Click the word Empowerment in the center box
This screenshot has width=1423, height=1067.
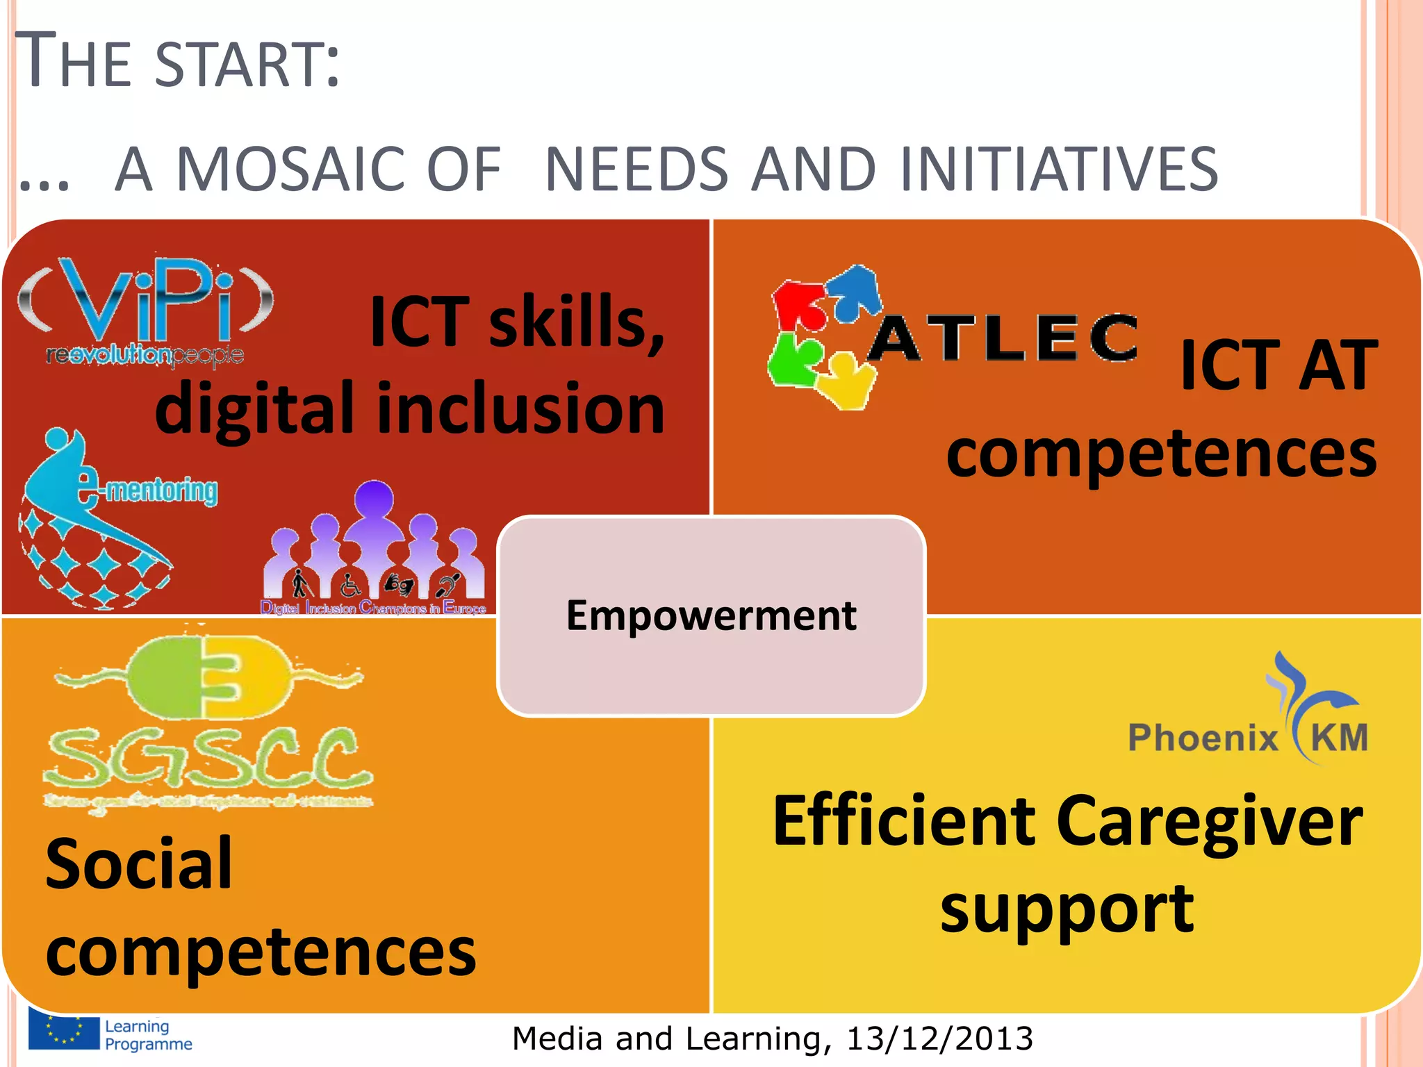[711, 615]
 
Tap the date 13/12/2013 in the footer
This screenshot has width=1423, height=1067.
[939, 1039]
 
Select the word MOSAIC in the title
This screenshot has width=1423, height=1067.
[338, 170]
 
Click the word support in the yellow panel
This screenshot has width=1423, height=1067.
[1067, 910]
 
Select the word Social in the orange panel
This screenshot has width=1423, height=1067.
[139, 865]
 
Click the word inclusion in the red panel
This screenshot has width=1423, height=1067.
[521, 410]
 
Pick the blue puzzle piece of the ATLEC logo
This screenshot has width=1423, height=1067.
[856, 290]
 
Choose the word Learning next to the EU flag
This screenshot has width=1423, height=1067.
[137, 1026]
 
